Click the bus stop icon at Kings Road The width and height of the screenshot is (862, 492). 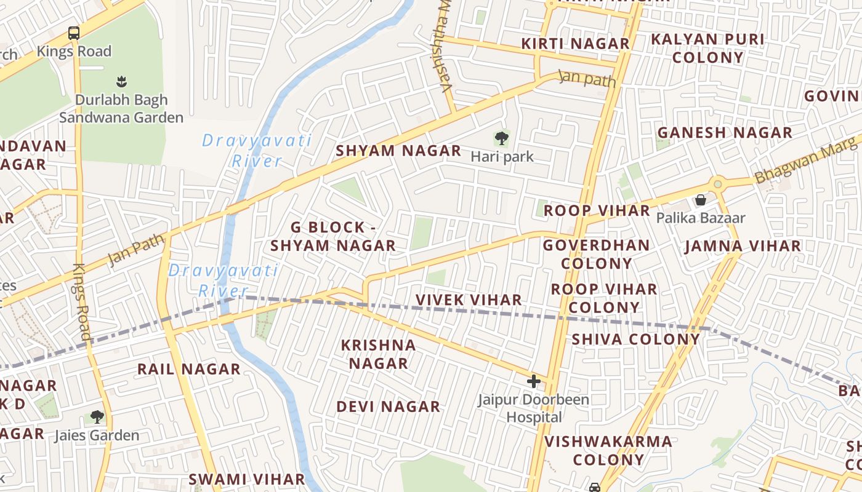[74, 33]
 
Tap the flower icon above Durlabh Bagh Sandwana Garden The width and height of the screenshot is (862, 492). [121, 81]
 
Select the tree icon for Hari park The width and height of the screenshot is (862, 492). [502, 138]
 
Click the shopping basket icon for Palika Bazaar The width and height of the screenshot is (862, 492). [700, 200]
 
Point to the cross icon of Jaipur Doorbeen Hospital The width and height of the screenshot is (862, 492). [533, 381]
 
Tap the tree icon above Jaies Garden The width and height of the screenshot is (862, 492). [97, 417]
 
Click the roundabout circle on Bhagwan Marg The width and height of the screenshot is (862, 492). [717, 183]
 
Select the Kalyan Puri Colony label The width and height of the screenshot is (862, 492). [707, 49]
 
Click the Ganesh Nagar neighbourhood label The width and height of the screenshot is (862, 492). [725, 133]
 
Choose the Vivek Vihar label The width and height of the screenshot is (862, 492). [469, 300]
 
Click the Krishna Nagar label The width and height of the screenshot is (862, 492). [379, 354]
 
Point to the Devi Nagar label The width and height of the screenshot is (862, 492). [388, 407]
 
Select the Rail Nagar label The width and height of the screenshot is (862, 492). [188, 370]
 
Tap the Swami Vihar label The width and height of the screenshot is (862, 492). [246, 479]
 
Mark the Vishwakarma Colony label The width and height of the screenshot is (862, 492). [608, 450]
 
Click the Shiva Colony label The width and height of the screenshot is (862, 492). [636, 339]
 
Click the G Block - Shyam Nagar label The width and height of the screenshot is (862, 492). [333, 236]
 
